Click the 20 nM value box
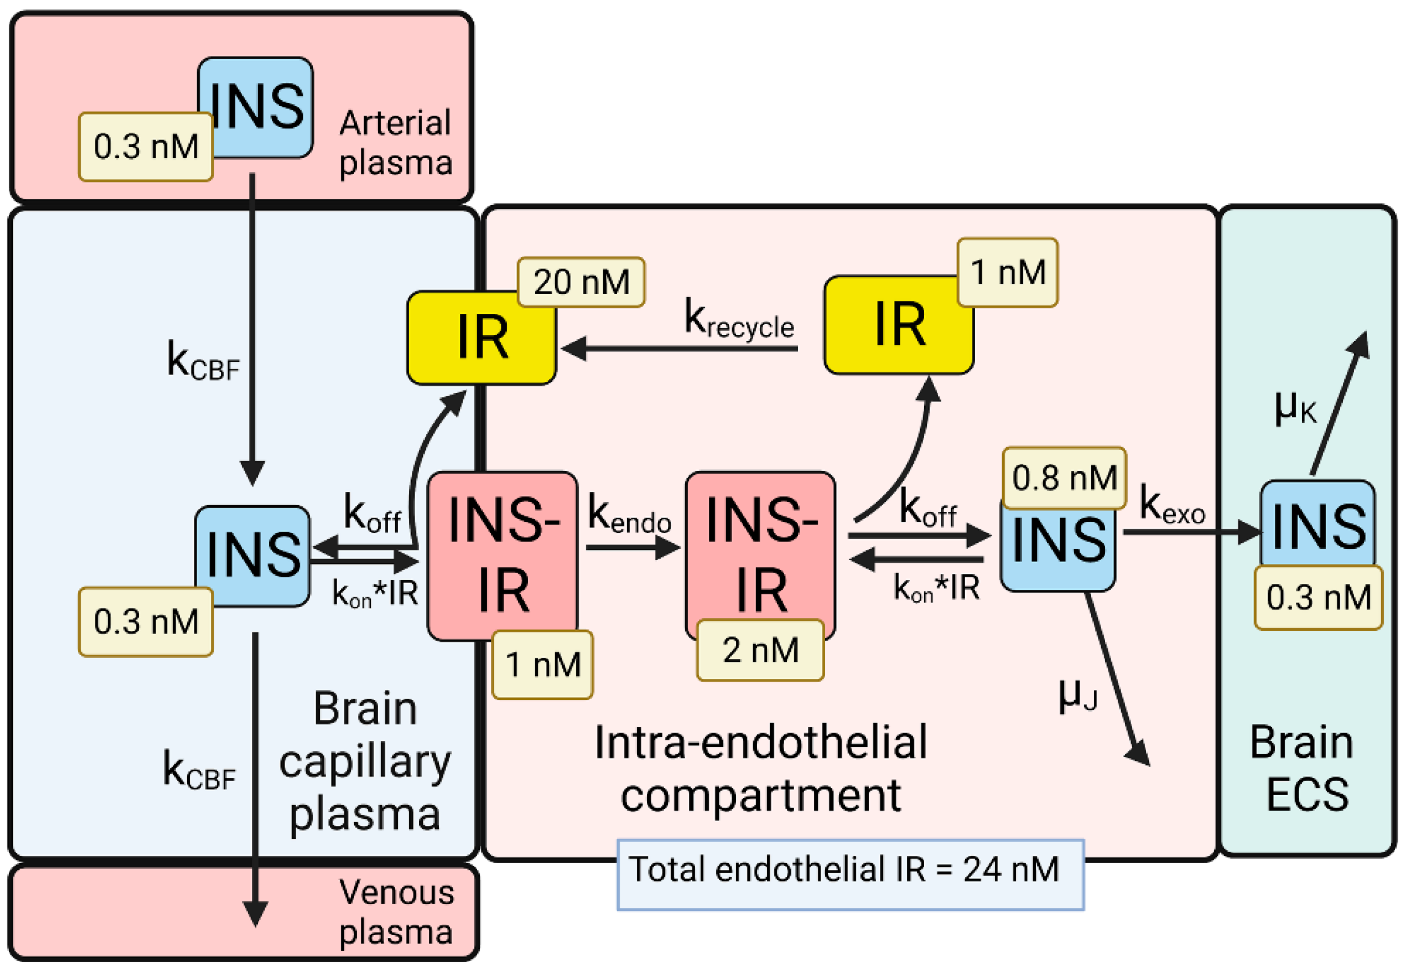(x=581, y=282)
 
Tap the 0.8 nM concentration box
(x=1064, y=478)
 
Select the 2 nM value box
(x=760, y=650)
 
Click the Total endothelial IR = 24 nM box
(x=851, y=875)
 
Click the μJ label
(x=1078, y=695)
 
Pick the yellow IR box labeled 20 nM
(x=481, y=338)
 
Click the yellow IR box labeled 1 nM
(x=898, y=325)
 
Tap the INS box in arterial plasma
(x=255, y=107)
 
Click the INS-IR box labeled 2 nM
(x=760, y=556)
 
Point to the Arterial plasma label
(x=396, y=143)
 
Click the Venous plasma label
(x=396, y=912)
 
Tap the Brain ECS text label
(x=1301, y=768)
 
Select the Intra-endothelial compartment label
(x=761, y=768)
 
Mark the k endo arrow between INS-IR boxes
(x=633, y=548)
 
